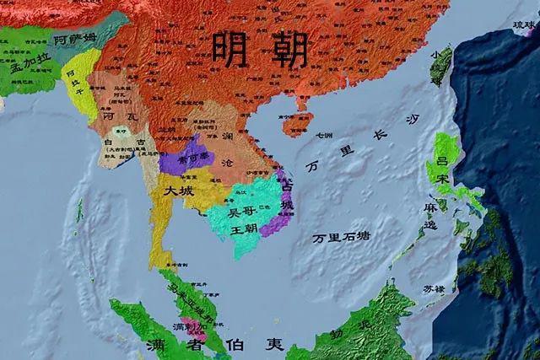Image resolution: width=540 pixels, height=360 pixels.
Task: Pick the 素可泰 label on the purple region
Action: tap(183, 159)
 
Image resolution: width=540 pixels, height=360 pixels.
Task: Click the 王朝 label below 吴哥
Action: tap(243, 228)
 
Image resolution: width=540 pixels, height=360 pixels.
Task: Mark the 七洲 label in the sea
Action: tap(325, 135)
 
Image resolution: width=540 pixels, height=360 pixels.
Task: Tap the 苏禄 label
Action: tap(434, 288)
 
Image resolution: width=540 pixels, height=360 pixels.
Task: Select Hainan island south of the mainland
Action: tap(296, 124)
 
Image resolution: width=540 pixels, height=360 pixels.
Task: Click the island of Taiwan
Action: tap(440, 66)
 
